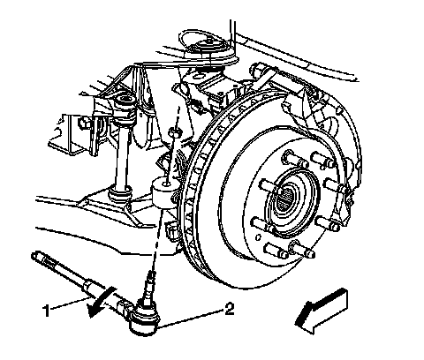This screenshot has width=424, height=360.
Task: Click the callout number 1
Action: [46, 311]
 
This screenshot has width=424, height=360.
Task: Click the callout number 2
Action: [230, 310]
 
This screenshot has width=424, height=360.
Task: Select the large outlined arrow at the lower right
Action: [322, 311]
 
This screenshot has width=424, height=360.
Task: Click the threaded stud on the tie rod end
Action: [149, 286]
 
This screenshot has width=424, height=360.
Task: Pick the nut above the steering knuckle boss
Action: [175, 132]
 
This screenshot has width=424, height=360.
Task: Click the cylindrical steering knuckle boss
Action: [164, 192]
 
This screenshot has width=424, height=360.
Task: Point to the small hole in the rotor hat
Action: [258, 237]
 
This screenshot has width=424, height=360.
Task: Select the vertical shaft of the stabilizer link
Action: [122, 157]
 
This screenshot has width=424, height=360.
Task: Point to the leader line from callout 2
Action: [191, 318]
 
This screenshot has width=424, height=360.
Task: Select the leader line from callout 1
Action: [72, 304]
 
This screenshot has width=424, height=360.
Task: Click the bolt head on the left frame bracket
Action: [84, 123]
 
